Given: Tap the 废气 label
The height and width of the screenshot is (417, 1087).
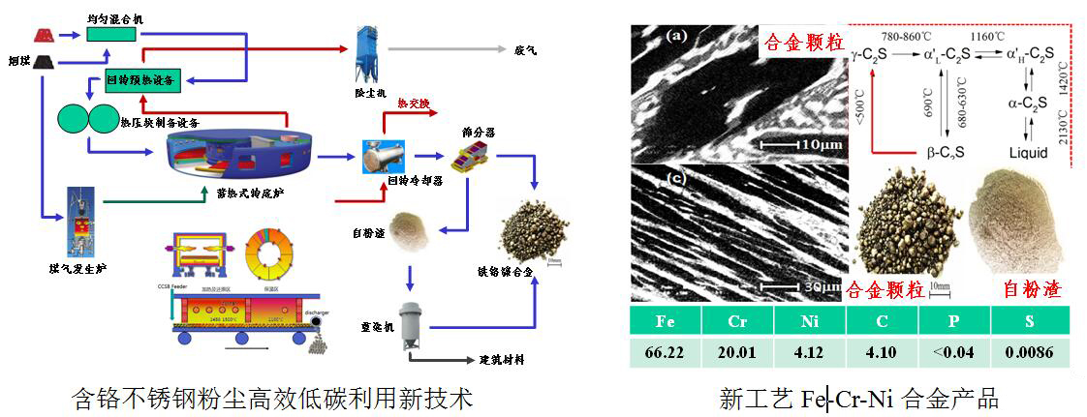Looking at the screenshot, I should (x=526, y=48).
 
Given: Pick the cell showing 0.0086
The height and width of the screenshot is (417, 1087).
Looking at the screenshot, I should (x=1029, y=352).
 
